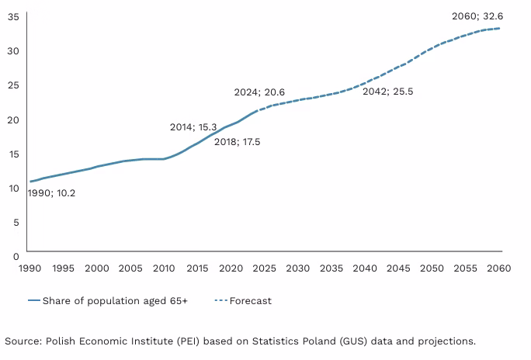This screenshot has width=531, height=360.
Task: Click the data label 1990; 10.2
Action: pos(51,193)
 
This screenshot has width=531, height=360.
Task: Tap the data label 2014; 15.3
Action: pos(193,126)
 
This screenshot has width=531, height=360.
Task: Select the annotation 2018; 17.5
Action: pos(237,142)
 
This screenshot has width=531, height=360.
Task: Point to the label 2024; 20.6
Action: pos(259,92)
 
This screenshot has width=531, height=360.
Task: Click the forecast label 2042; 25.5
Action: pos(387,91)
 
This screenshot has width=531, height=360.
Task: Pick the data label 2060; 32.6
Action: pos(477,16)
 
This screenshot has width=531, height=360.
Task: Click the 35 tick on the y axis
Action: pos(13,16)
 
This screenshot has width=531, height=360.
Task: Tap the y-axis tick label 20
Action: pos(13,119)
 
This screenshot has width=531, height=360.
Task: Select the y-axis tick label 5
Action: pos(16,221)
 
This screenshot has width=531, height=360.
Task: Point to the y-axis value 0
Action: pos(16,254)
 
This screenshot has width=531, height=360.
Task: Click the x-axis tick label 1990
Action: pos(29,268)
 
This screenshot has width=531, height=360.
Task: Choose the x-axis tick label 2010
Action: pos(163,268)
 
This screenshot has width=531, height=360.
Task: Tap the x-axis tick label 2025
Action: pos(263,268)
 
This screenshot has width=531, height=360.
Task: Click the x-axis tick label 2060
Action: pos(498,268)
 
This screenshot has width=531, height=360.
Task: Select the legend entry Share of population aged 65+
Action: pos(115,300)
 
